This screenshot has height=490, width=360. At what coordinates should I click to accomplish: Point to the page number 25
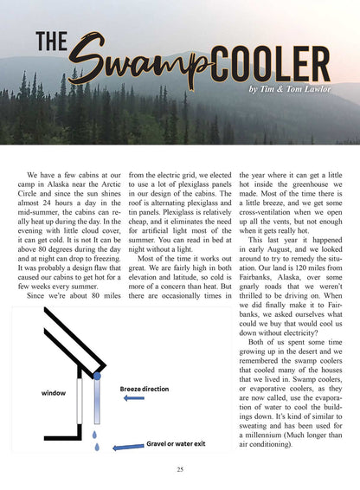[179, 469]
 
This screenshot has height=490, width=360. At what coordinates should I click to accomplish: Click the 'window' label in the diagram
[53, 392]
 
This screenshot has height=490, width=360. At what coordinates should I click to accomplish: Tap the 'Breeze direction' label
[145, 390]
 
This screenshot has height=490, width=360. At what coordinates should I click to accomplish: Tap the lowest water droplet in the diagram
[96, 448]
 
